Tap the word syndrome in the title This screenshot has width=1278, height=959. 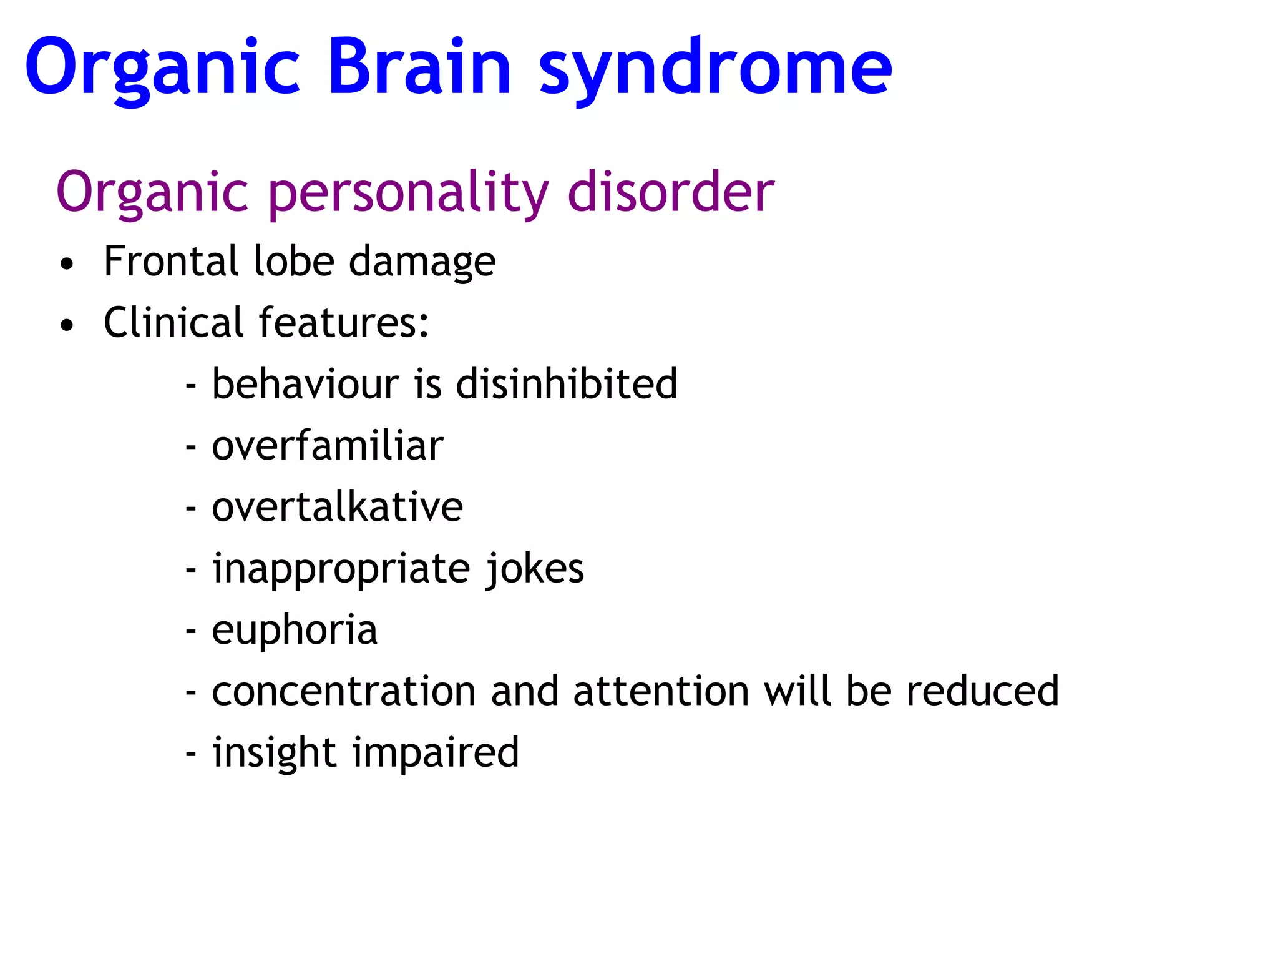click(x=715, y=69)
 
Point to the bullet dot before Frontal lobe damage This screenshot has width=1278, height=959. click(x=67, y=264)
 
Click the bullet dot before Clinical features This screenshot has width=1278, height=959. click(x=67, y=325)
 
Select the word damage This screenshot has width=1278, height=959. click(x=422, y=263)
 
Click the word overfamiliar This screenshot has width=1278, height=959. click(x=328, y=446)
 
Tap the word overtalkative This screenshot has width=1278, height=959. click(x=338, y=506)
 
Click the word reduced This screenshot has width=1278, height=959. click(x=982, y=691)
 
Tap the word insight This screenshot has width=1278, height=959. click(x=275, y=752)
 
